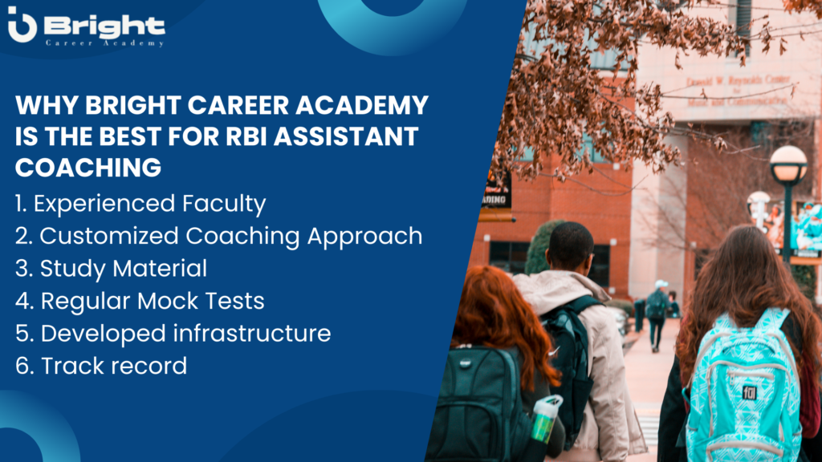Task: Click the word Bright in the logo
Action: pyautogui.click(x=105, y=25)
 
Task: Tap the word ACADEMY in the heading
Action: pyautogui.click(x=362, y=105)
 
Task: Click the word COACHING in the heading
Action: pyautogui.click(x=88, y=168)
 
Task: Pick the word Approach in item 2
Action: pyautogui.click(x=365, y=237)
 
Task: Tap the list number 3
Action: pyautogui.click(x=23, y=269)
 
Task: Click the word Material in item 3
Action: pyautogui.click(x=160, y=268)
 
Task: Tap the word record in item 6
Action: pyautogui.click(x=152, y=366)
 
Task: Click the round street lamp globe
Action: pyautogui.click(x=788, y=163)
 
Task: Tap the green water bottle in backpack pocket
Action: pyautogui.click(x=545, y=419)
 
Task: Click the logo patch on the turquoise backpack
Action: pyautogui.click(x=749, y=392)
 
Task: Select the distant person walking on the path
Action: pyautogui.click(x=657, y=315)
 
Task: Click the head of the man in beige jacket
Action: pyautogui.click(x=571, y=247)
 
